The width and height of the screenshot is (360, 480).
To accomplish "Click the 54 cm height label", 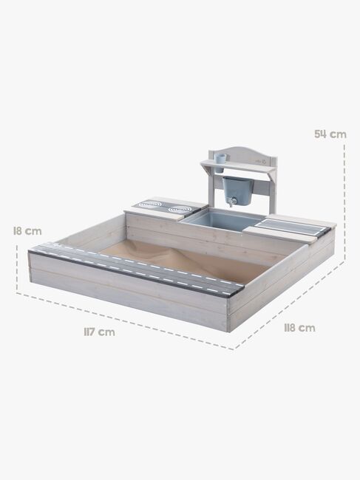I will (330, 134).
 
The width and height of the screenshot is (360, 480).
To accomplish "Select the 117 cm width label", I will (98, 332).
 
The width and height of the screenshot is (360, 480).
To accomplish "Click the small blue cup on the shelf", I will (220, 157).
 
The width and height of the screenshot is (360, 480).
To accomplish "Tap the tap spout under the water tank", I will (230, 201).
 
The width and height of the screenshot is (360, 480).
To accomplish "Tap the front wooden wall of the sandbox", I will (126, 295).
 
